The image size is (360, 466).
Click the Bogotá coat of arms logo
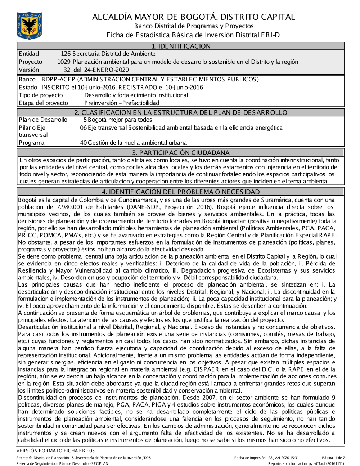click(29, 26)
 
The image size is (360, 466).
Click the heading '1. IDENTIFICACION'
click(180, 46)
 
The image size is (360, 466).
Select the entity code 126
click(66, 54)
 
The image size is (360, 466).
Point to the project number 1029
click(64, 62)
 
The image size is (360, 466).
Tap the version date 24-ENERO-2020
click(106, 70)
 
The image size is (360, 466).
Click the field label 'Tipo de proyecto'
click(41, 95)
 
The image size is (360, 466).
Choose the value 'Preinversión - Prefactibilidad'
click(122, 103)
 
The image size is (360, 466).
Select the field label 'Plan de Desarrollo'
click(43, 120)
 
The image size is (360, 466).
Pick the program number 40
click(83, 143)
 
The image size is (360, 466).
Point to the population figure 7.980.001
click(72, 207)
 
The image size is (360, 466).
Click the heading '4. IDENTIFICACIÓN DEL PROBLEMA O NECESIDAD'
click(180, 192)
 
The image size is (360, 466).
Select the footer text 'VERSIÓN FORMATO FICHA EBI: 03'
click(56, 451)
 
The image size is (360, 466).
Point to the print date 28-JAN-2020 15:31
click(283, 458)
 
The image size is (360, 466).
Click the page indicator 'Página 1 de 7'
click(333, 458)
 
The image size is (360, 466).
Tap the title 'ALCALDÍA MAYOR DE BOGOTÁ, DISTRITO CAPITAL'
click(193, 17)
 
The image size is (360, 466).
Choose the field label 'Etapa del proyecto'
click(43, 103)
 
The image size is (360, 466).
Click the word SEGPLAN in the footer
click(99, 463)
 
